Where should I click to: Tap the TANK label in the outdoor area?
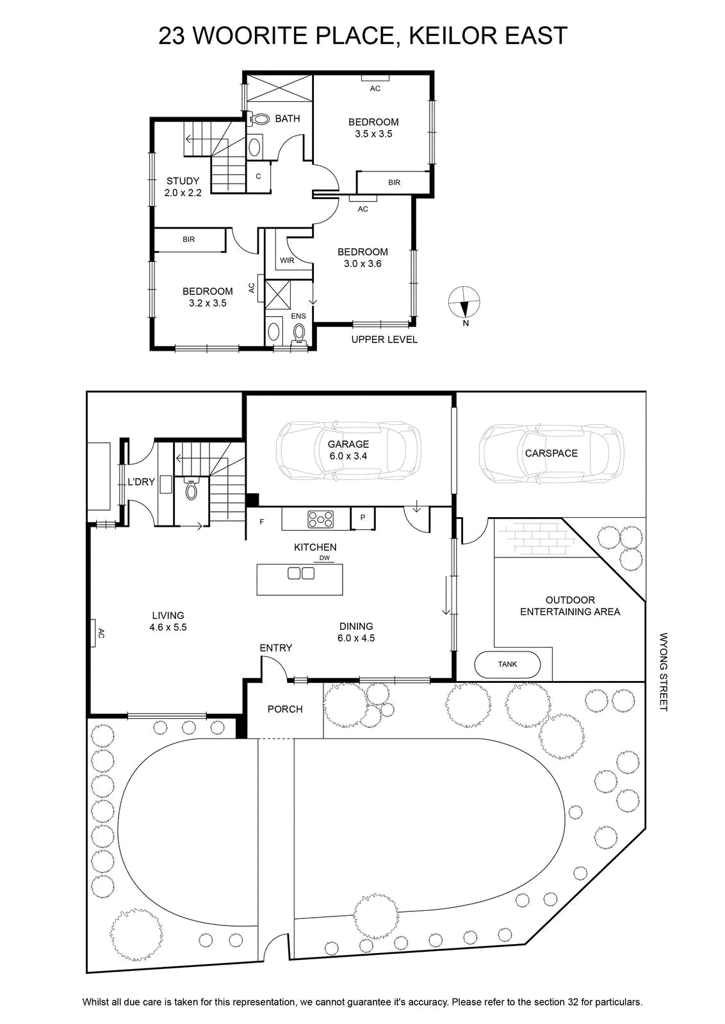507,664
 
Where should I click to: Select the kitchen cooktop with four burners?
321,519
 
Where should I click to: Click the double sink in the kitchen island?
301,573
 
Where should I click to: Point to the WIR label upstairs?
287,260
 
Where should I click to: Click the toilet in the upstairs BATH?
259,119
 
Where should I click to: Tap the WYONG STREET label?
664,671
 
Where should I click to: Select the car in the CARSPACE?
551,454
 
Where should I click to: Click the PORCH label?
285,709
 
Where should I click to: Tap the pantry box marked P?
362,518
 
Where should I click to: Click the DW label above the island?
324,557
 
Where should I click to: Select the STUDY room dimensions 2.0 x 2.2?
183,193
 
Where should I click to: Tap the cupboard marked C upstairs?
259,177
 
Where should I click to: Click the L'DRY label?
141,482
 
